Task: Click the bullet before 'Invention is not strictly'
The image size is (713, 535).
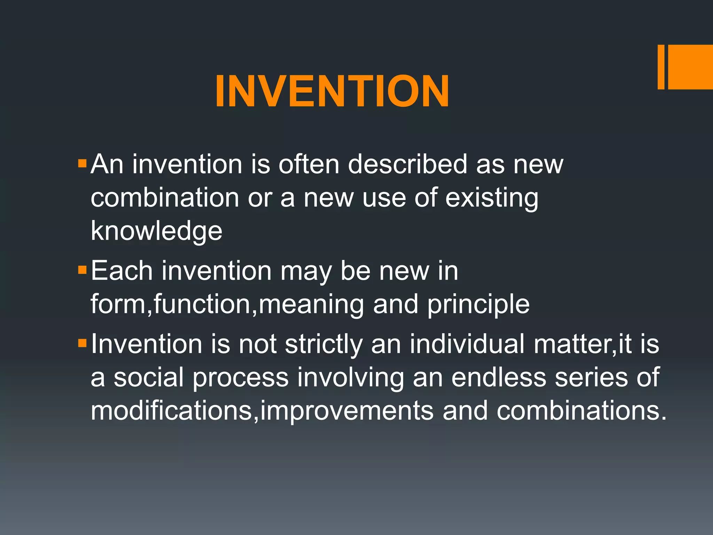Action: [82, 343]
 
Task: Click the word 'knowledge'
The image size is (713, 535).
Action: [156, 231]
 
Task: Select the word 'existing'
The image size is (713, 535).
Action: [492, 198]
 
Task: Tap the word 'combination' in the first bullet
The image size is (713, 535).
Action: [165, 198]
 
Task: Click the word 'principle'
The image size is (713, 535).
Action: [478, 304]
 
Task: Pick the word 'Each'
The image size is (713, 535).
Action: [122, 271]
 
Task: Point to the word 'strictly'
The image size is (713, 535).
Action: [324, 344]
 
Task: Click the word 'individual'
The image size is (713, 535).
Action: [467, 344]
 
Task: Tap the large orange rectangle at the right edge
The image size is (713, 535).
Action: [690, 67]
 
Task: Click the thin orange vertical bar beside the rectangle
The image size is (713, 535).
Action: [661, 67]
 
